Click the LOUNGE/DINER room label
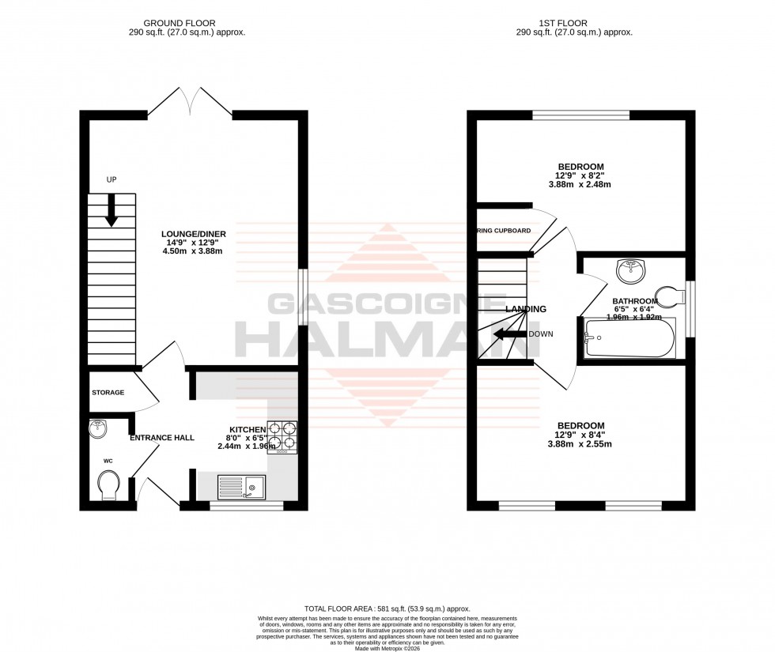click(194, 234)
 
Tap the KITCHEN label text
click(242, 429)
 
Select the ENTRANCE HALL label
click(162, 437)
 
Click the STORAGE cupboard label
click(108, 391)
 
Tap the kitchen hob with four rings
click(282, 436)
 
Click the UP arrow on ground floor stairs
click(111, 209)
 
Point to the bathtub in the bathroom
click(629, 338)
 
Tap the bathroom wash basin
click(632, 269)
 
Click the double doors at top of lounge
click(190, 103)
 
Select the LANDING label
click(526, 309)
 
